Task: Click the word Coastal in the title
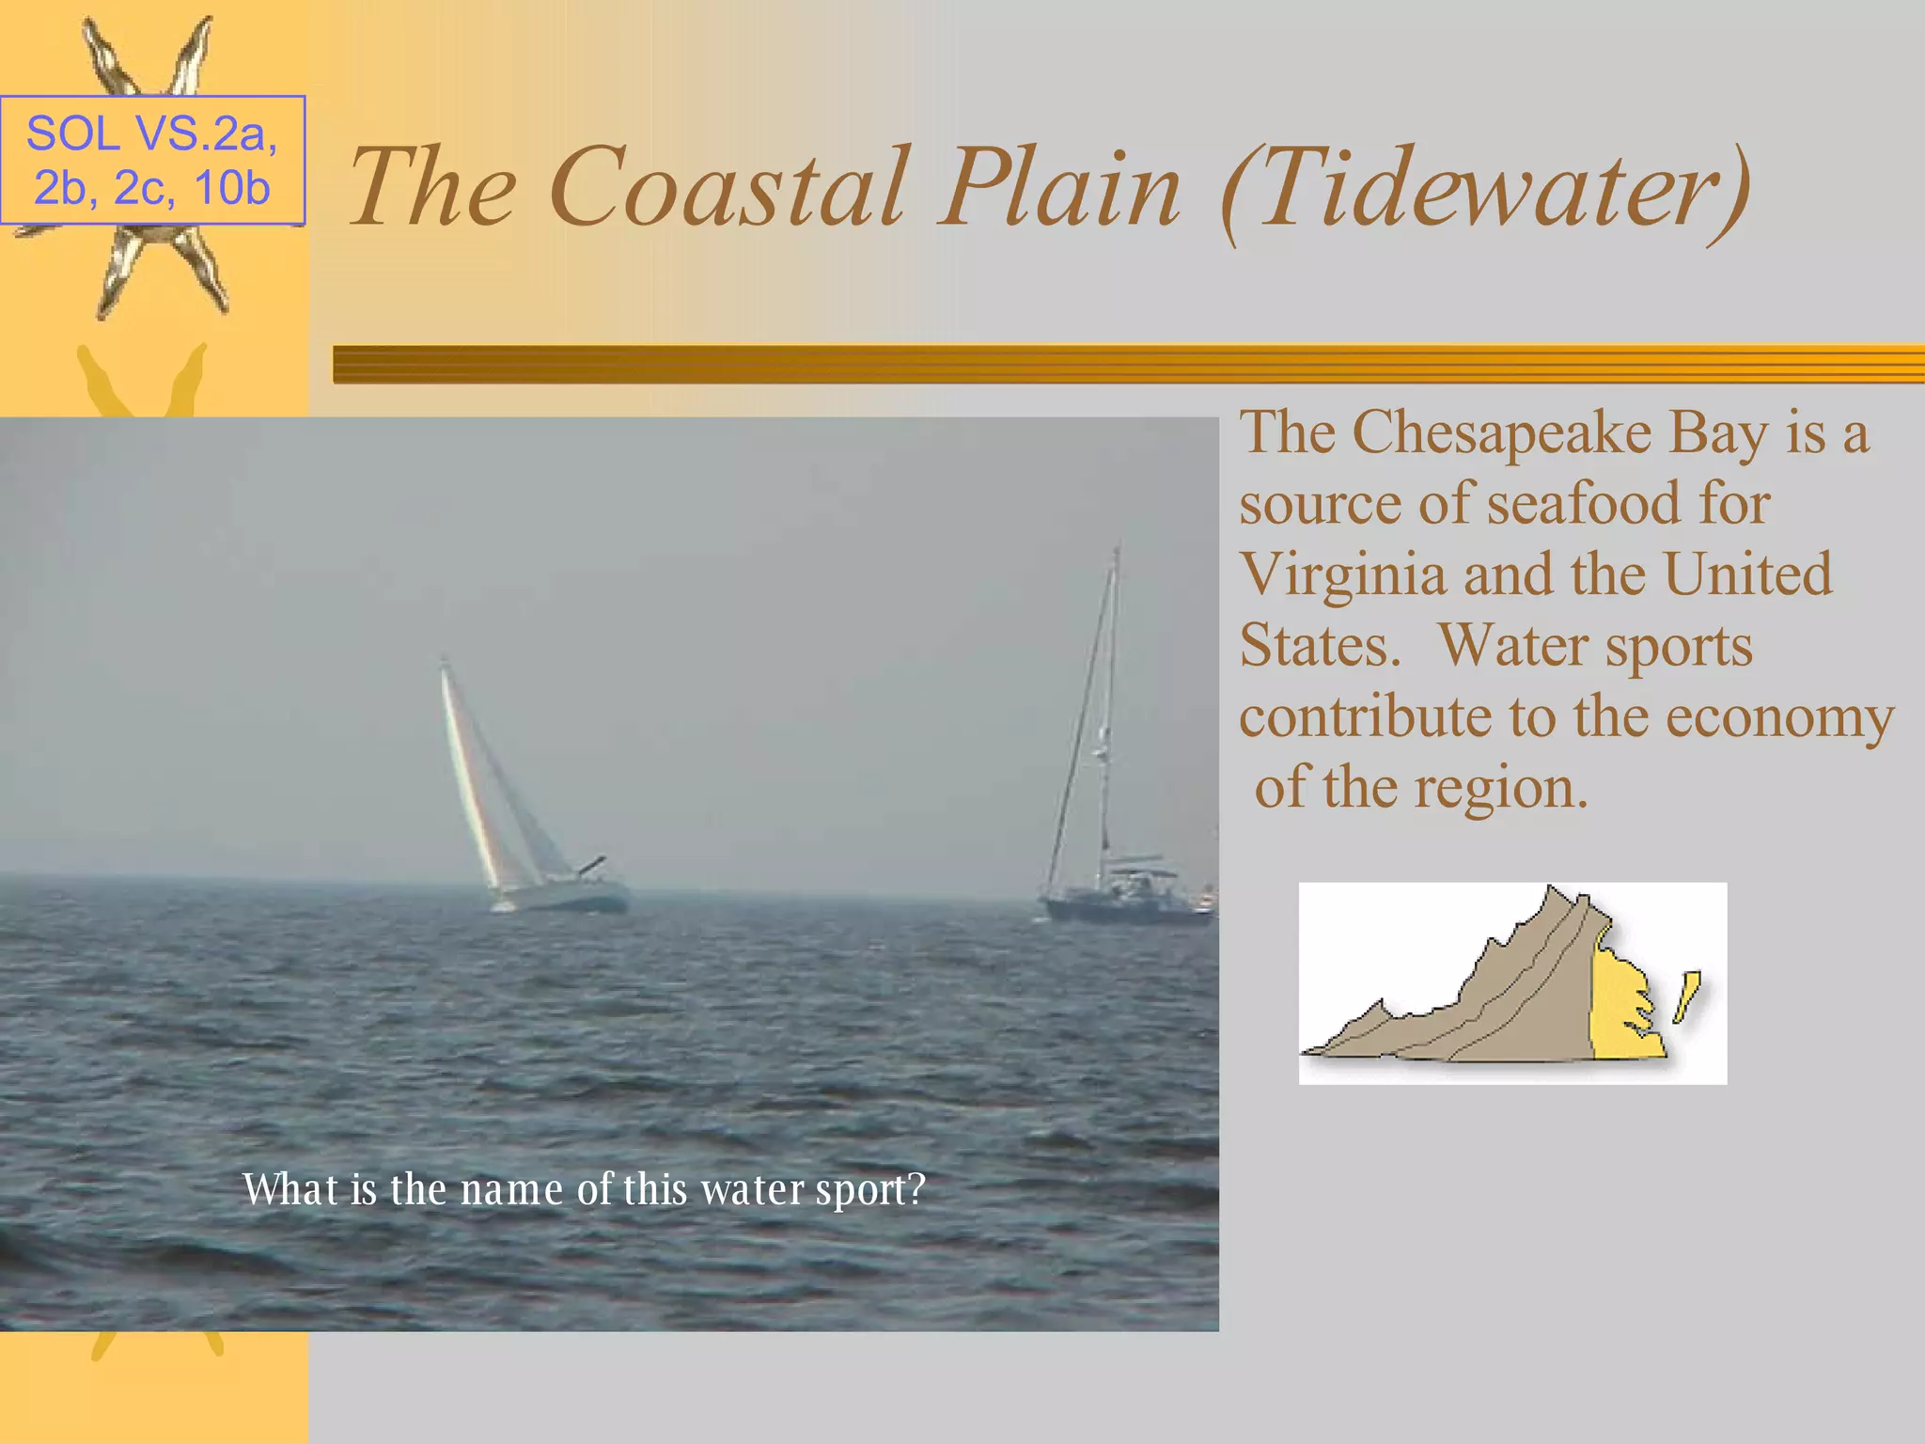click(729, 188)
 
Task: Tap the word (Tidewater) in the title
click(1485, 193)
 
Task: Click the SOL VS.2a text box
click(152, 160)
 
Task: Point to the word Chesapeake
click(1501, 434)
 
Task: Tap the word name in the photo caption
click(512, 1190)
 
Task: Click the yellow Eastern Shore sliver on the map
click(1686, 997)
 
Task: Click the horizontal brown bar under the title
click(1128, 364)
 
